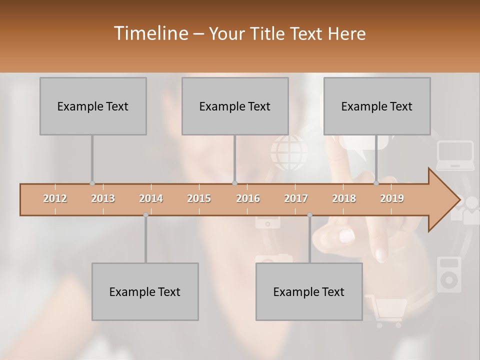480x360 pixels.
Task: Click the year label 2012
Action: click(x=55, y=198)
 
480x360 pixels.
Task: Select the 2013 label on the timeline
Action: click(x=103, y=198)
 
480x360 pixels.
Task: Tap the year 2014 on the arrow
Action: click(x=151, y=198)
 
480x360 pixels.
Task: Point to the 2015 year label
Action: click(x=199, y=198)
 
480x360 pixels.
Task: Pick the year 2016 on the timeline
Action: click(x=248, y=198)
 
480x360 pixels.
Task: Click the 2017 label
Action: click(x=296, y=198)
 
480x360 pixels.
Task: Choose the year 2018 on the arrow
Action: click(x=344, y=198)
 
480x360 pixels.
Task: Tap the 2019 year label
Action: click(x=392, y=198)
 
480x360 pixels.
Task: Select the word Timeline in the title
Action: click(x=150, y=33)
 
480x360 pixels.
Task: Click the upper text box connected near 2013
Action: click(x=93, y=106)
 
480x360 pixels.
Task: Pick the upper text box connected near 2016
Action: click(x=235, y=106)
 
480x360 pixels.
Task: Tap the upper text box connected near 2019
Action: click(x=377, y=106)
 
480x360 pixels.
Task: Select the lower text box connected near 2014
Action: click(x=145, y=291)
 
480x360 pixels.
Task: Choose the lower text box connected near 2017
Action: click(x=309, y=291)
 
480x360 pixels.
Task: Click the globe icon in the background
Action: click(x=290, y=152)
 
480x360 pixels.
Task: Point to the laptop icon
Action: click(x=455, y=155)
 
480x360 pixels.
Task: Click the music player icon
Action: click(x=448, y=274)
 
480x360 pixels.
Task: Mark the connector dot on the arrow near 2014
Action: click(x=145, y=215)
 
